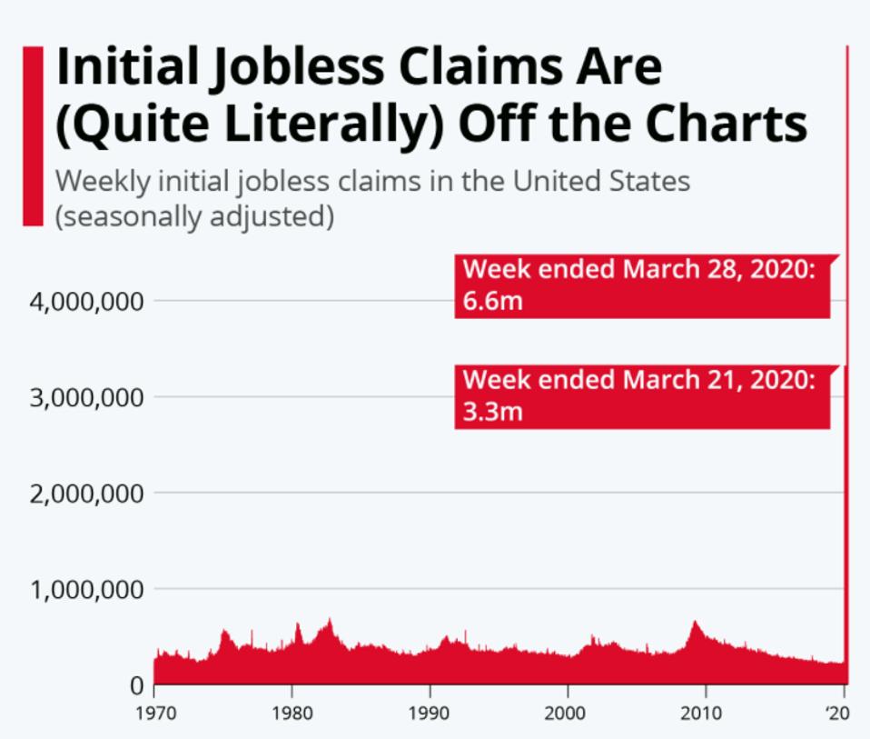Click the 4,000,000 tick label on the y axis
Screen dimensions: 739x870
point(86,301)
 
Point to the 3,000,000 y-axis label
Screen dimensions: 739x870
point(86,397)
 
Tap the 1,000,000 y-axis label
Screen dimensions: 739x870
point(86,590)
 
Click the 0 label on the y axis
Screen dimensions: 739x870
point(134,684)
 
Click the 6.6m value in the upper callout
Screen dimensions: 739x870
point(492,301)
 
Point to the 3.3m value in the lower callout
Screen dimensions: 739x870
point(492,412)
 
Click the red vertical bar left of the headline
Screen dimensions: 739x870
point(33,135)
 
